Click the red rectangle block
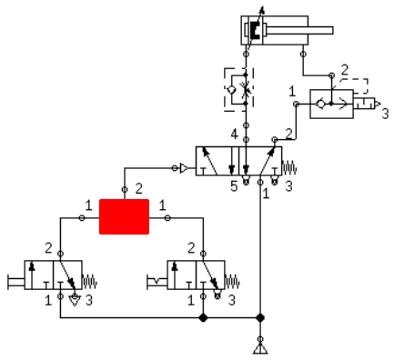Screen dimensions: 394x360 [x=124, y=216]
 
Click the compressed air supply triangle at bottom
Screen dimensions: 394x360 [x=260, y=349]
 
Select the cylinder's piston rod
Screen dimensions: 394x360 [x=299, y=30]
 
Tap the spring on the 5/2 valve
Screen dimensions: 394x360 [x=289, y=167]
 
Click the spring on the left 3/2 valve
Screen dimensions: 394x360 [x=89, y=282]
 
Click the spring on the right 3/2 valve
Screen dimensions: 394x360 [x=232, y=282]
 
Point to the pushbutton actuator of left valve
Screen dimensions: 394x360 [x=16, y=282]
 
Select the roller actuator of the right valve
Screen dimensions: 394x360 [x=157, y=282]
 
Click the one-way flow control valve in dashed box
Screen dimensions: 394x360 [x=239, y=89]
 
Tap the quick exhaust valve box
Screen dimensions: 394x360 [x=331, y=104]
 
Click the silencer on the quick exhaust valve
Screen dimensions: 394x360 [x=367, y=104]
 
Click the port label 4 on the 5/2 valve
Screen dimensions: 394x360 [x=234, y=135]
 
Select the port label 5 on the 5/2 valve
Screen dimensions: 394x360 [x=234, y=186]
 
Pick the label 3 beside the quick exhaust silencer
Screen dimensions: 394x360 [x=385, y=115]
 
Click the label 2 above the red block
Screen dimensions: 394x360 [x=138, y=189]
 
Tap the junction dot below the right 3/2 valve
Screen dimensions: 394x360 [x=203, y=318]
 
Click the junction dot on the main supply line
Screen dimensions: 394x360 [x=260, y=318]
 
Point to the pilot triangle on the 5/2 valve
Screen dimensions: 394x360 [x=184, y=168]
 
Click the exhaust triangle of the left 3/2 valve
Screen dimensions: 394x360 [x=75, y=300]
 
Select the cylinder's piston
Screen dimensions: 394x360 [x=254, y=30]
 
